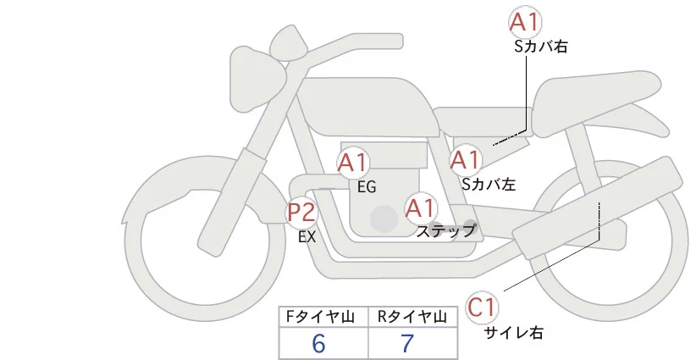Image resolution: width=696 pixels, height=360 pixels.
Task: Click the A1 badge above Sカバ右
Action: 526,22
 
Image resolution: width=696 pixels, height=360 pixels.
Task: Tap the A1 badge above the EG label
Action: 353,163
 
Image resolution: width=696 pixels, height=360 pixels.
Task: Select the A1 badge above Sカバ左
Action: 466,159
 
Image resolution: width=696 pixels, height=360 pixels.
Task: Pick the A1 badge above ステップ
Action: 421,208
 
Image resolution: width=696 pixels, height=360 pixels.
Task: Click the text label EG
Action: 366,186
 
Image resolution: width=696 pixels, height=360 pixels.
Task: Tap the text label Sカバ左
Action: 489,182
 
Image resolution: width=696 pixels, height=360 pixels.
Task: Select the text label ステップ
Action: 446,230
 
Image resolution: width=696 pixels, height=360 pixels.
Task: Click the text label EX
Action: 307,237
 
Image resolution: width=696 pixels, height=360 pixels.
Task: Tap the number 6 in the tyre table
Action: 319,343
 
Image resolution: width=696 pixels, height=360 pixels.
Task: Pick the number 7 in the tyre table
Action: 408,343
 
